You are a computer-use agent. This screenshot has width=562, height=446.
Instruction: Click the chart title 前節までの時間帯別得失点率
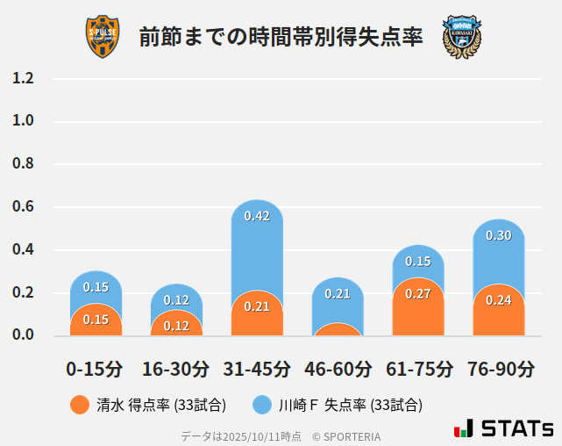point(281,37)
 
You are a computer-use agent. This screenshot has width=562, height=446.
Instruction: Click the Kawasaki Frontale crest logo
point(461,37)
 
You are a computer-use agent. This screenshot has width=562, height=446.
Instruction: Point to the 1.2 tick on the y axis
point(23,78)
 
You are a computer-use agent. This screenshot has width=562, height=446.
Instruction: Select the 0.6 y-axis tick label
point(23,207)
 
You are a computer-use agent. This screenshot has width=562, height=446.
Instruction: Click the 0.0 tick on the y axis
point(23,334)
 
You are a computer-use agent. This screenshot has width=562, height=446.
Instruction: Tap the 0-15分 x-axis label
point(95,369)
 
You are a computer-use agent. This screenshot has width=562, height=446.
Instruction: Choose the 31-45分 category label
point(257,369)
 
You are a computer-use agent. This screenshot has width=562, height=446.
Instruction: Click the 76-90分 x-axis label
point(498,369)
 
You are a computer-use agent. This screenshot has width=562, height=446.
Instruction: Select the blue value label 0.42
point(257,216)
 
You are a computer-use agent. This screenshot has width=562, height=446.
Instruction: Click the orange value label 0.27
point(418,293)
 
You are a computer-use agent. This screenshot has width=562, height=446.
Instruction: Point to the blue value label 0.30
point(498,235)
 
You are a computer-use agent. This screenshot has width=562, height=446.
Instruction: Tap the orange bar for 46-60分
point(338,330)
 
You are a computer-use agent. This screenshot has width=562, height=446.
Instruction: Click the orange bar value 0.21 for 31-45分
point(257,306)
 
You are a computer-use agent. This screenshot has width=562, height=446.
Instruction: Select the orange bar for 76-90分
point(498,312)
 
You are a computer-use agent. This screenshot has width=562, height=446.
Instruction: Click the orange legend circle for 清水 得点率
point(80,405)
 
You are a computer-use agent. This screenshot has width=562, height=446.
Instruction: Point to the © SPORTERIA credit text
point(346,436)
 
